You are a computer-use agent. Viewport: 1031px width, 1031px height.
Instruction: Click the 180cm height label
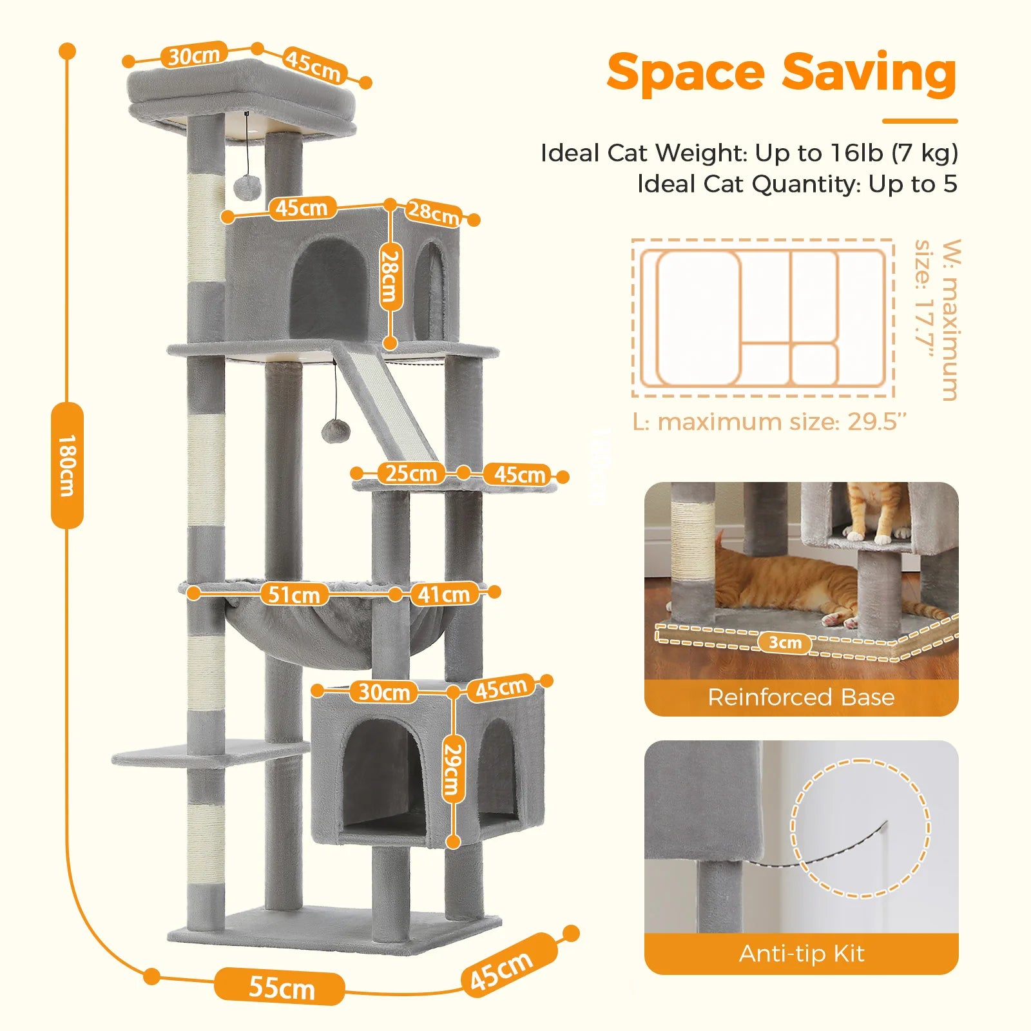(x=67, y=465)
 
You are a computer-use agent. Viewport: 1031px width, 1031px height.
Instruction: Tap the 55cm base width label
(x=280, y=987)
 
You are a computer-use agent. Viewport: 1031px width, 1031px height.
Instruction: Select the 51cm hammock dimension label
(x=293, y=594)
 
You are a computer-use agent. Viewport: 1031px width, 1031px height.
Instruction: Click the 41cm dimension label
(x=443, y=593)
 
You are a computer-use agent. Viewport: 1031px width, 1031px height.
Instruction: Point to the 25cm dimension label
(x=411, y=473)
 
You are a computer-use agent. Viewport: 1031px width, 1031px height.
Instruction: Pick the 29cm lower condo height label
(x=454, y=769)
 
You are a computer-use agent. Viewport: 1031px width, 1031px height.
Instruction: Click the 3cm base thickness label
(x=785, y=642)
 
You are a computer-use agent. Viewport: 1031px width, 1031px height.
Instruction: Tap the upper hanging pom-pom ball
(x=246, y=187)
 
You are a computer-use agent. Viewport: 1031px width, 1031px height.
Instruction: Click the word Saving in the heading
(x=869, y=73)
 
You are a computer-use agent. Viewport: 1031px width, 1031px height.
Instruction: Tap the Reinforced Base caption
(x=801, y=697)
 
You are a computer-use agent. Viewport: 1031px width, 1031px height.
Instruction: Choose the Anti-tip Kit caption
(x=801, y=954)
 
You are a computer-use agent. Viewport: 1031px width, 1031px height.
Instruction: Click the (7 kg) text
(x=925, y=153)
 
